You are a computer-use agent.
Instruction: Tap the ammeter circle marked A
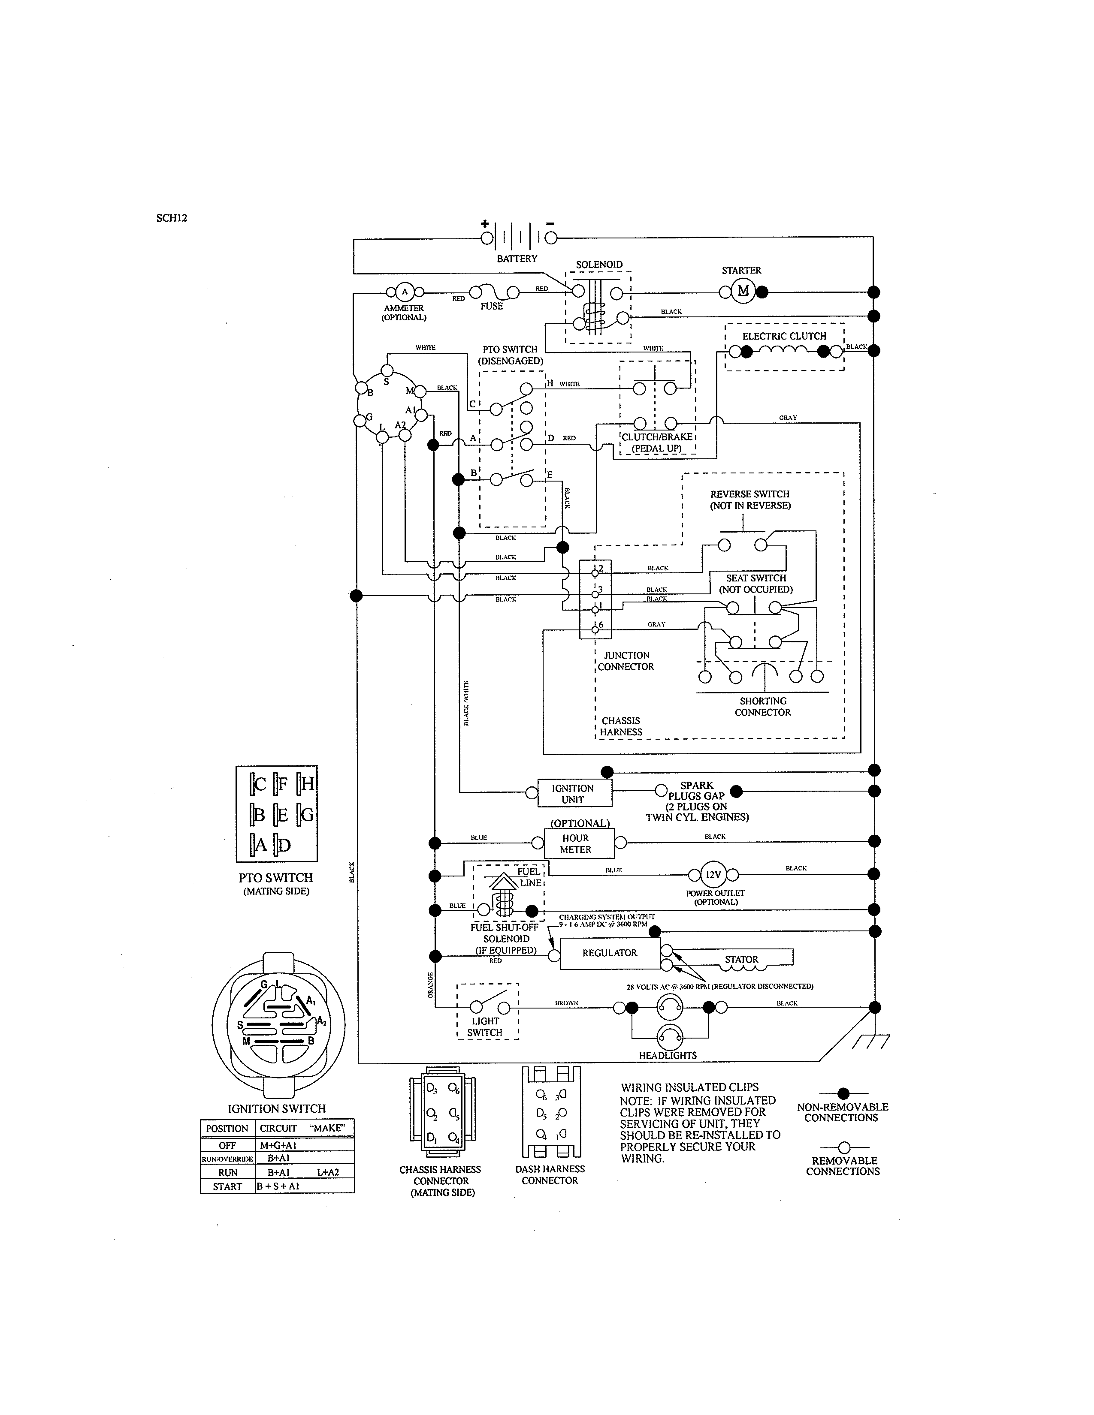pyautogui.click(x=405, y=292)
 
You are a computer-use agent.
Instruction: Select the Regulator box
pyautogui.click(x=609, y=953)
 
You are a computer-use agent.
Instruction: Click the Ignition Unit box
pyautogui.click(x=573, y=794)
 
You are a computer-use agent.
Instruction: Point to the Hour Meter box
pyautogui.click(x=575, y=843)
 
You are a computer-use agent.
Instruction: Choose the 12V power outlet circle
pyautogui.click(x=713, y=875)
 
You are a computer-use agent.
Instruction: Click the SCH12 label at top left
pyautogui.click(x=172, y=218)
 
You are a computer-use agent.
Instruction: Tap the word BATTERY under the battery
pyautogui.click(x=517, y=259)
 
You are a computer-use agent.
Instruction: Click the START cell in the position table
pyautogui.click(x=227, y=1186)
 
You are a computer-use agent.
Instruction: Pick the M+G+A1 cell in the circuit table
pyautogui.click(x=279, y=1145)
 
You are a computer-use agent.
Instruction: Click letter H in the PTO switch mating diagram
pyautogui.click(x=307, y=784)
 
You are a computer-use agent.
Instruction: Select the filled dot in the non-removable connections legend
pyautogui.click(x=843, y=1094)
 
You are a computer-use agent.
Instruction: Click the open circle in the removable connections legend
pyautogui.click(x=844, y=1148)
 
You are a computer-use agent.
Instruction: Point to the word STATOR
pyautogui.click(x=741, y=960)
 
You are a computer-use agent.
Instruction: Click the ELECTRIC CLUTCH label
pyautogui.click(x=784, y=336)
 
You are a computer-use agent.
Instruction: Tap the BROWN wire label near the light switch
pyautogui.click(x=566, y=1003)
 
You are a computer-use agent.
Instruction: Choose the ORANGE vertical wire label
pyautogui.click(x=430, y=985)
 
